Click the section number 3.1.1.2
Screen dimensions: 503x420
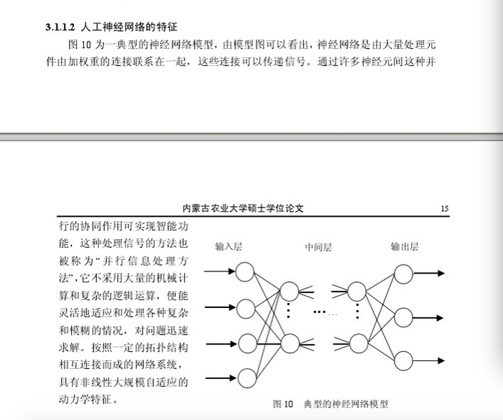[59, 28]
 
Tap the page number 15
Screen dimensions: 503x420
[445, 209]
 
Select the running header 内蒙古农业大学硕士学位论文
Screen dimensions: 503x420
[244, 209]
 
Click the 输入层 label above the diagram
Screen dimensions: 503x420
[229, 246]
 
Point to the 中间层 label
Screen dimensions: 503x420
[318, 246]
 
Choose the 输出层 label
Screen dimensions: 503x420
[405, 246]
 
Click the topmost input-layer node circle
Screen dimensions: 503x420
[246, 272]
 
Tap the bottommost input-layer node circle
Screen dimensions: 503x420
[246, 378]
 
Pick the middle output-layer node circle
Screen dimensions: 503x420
[404, 317]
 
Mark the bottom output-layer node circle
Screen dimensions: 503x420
[404, 359]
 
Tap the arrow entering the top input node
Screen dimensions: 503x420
[220, 271]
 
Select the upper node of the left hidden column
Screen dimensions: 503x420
[289, 291]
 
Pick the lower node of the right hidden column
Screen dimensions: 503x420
[357, 342]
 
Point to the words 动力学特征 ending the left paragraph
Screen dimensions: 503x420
[86, 398]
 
